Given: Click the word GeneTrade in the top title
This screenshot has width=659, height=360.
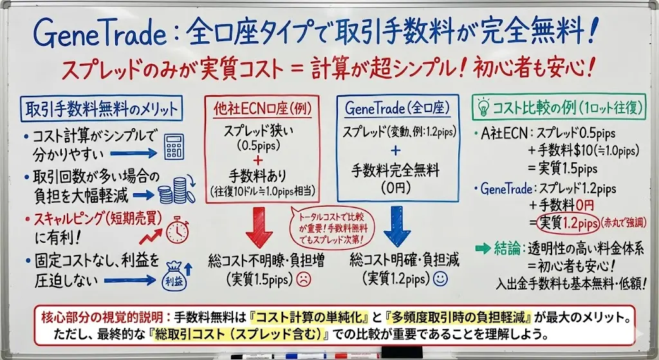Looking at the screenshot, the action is click(x=100, y=34).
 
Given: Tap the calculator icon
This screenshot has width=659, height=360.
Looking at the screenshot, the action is click(x=174, y=146).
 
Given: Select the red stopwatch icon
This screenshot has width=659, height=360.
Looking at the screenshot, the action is click(x=178, y=229).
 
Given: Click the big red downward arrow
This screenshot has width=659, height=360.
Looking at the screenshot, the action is click(x=259, y=227).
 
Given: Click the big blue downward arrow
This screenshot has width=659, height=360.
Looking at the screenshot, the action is click(x=396, y=226).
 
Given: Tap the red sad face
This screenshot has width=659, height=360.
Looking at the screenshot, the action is click(x=304, y=279).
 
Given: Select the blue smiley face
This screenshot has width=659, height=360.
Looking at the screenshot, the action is click(x=440, y=278).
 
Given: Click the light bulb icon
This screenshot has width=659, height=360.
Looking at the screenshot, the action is click(x=484, y=108).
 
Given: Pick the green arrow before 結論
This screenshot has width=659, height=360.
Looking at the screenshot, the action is click(x=483, y=249).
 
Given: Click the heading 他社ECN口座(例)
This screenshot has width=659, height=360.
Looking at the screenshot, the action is click(x=263, y=109).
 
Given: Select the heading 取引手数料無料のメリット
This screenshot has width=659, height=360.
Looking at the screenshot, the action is click(x=101, y=109).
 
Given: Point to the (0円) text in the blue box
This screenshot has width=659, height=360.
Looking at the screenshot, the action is click(x=396, y=187).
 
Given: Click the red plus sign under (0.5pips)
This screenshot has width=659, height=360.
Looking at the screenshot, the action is click(x=258, y=160).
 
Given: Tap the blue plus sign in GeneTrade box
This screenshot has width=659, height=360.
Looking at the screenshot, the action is click(x=395, y=151).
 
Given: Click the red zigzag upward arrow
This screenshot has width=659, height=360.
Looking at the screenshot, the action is click(x=151, y=237).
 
